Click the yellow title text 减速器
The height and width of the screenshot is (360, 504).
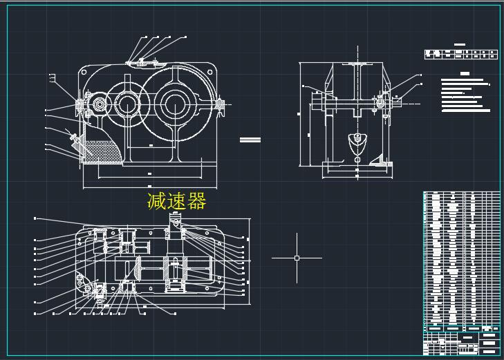pyautogui.click(x=176, y=201)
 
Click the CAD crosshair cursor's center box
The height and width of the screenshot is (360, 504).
pyautogui.click(x=297, y=258)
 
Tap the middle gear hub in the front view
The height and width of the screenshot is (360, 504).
pyautogui.click(x=127, y=105)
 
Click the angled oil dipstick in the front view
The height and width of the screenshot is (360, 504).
pyautogui.click(x=73, y=138)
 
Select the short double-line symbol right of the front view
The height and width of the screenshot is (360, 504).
pyautogui.click(x=250, y=140)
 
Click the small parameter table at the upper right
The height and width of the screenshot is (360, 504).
pyautogui.click(x=461, y=55)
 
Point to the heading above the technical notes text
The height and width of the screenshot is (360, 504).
pyautogui.click(x=465, y=73)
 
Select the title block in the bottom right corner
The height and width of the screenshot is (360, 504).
pyautogui.click(x=461, y=341)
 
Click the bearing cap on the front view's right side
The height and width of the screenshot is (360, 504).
pyautogui.click(x=220, y=104)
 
